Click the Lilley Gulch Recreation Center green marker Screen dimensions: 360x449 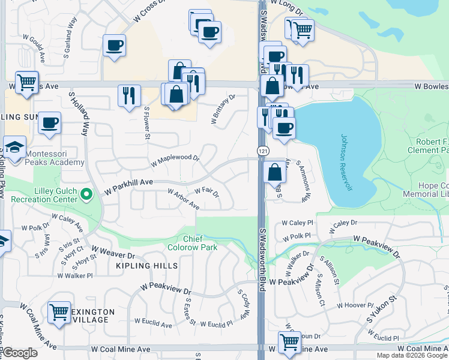87,194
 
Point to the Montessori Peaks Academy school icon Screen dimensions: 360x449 13,146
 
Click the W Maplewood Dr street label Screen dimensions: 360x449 174,160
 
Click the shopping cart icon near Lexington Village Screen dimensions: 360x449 59,312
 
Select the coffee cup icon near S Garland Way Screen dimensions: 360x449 114,45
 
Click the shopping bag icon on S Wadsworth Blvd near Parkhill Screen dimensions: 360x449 274,172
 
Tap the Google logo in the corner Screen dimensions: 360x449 20,353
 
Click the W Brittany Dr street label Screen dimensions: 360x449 223,109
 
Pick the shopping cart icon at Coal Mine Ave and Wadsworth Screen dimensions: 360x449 289,343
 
